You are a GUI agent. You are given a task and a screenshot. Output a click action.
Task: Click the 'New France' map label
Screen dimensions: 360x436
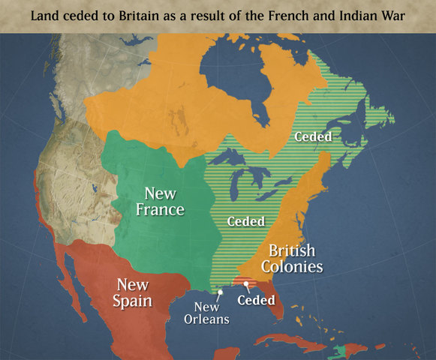tap(160, 200)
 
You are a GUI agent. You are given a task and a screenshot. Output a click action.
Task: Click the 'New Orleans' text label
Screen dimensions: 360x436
tap(206, 312)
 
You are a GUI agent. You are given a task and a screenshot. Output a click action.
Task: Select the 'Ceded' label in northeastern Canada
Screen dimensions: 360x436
tap(313, 136)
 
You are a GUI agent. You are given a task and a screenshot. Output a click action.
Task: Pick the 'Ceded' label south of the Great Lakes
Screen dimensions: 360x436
tap(245, 221)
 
